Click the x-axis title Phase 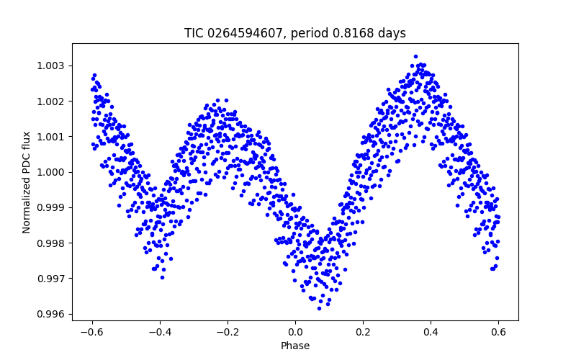[x=295, y=346]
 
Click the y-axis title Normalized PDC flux [x=27, y=182]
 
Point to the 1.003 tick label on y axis [x=50, y=66]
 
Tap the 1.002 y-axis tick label [x=50, y=102]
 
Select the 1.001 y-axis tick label [x=50, y=137]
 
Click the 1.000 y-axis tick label [x=50, y=172]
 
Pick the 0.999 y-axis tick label [x=50, y=207]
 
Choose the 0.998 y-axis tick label [x=50, y=243]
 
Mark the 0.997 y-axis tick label [x=50, y=279]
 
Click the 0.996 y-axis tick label [x=50, y=314]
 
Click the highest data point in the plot [x=415, y=56]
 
